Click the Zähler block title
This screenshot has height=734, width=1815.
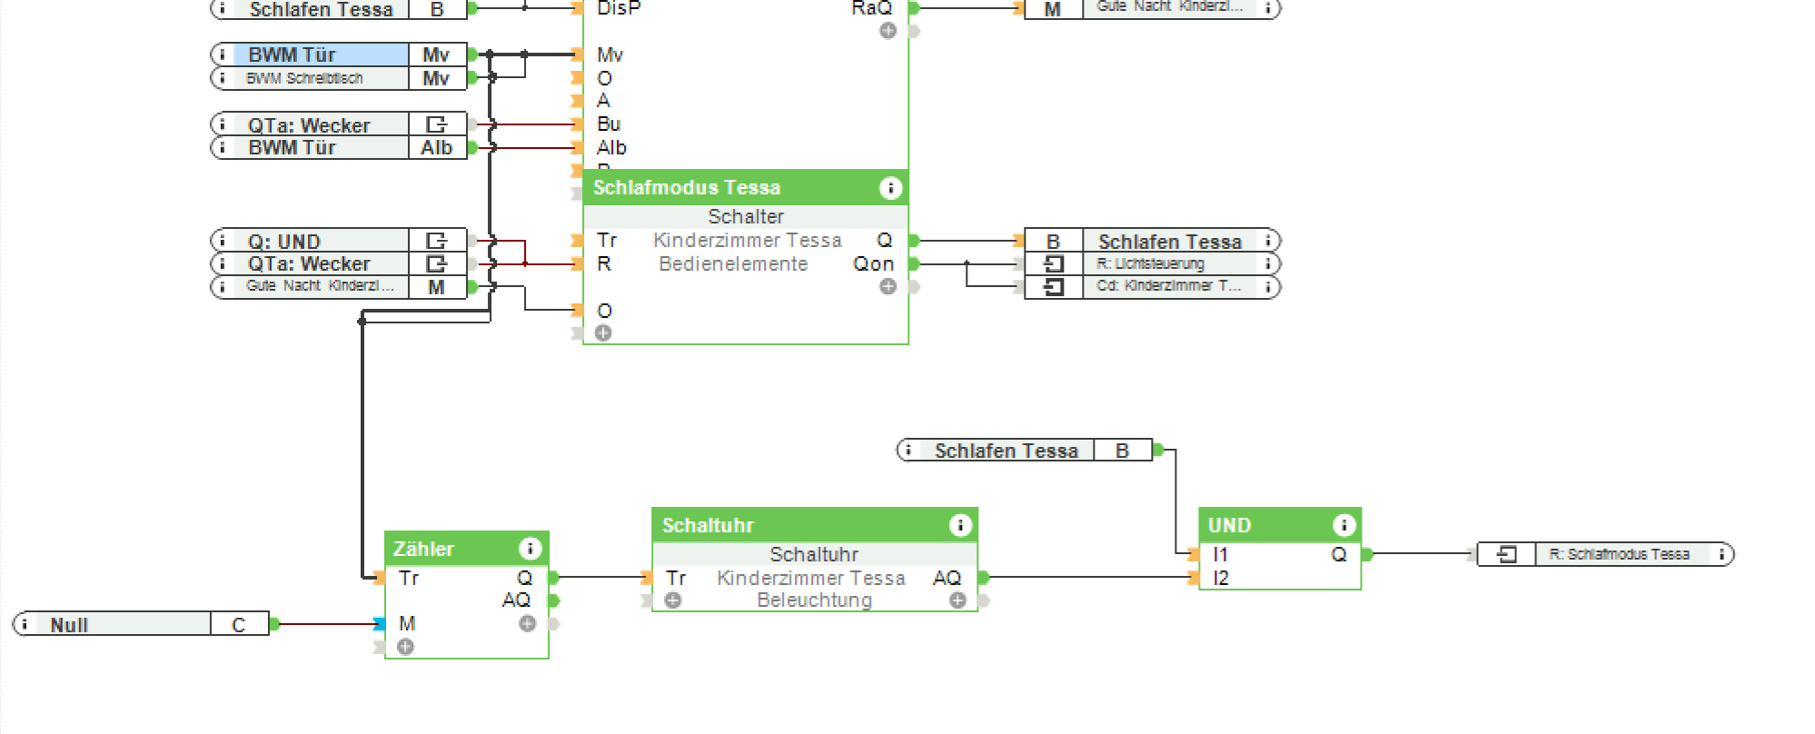(x=423, y=549)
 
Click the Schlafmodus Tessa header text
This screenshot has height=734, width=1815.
(x=687, y=187)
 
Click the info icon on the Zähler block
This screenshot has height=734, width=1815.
(x=530, y=549)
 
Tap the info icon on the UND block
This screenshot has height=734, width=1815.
(x=1344, y=525)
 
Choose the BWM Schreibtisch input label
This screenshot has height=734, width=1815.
(x=304, y=78)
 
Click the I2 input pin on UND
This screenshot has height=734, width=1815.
(x=1220, y=578)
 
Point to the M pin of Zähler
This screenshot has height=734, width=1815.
(x=407, y=623)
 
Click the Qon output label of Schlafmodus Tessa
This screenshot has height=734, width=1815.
(x=873, y=263)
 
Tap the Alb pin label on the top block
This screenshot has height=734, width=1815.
(x=611, y=147)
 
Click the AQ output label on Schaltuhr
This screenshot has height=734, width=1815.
(x=946, y=578)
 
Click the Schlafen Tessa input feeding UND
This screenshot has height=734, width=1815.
(x=1007, y=451)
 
